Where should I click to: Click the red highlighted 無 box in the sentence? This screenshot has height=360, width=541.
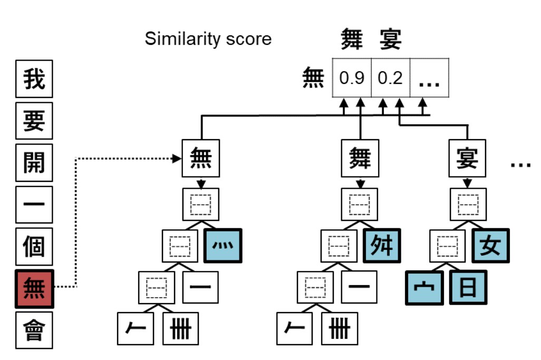(34, 288)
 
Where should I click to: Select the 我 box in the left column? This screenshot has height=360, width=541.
(34, 79)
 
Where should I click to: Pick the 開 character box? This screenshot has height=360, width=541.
(34, 162)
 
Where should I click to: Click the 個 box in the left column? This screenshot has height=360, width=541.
(34, 246)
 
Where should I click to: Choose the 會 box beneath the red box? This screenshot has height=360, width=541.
(34, 330)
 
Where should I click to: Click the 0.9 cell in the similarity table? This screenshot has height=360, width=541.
(352, 79)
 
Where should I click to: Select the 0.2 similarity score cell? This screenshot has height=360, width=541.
(391, 79)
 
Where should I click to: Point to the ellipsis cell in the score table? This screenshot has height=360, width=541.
(429, 79)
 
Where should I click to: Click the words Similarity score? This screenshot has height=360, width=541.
(208, 39)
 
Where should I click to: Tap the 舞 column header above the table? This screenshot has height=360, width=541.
(352, 40)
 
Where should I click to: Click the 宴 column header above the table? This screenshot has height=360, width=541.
(391, 40)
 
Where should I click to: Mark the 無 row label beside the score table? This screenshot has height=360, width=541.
(313, 79)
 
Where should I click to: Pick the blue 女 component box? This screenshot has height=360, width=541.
(490, 246)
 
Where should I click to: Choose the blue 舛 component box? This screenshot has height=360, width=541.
(382, 246)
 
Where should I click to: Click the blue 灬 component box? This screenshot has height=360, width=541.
(223, 246)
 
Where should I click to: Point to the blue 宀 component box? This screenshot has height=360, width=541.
(424, 287)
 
